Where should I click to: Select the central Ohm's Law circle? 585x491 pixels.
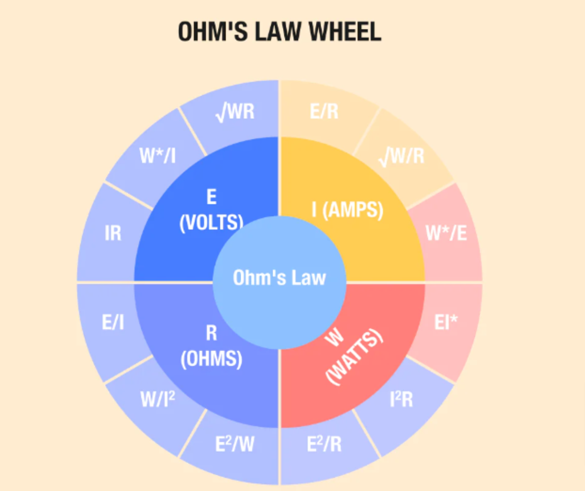(279, 278)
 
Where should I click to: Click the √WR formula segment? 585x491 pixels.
(235, 112)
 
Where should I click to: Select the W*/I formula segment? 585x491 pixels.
(158, 156)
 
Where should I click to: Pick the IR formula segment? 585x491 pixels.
(113, 233)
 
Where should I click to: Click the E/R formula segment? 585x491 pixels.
(324, 112)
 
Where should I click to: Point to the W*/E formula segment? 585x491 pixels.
(446, 234)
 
